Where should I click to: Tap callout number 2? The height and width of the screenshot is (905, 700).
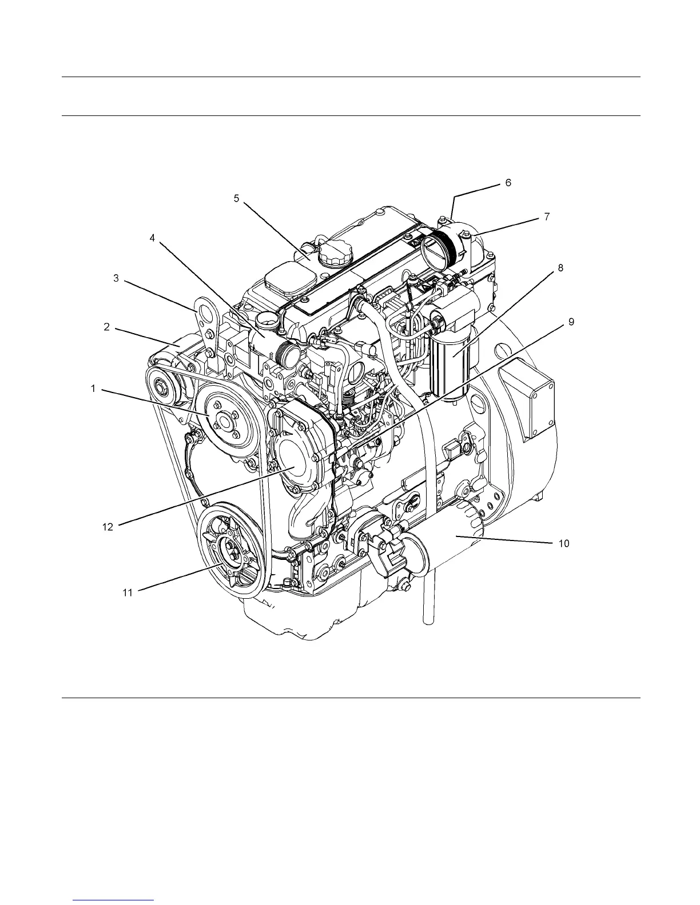106,327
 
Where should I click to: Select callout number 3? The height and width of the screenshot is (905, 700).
116,278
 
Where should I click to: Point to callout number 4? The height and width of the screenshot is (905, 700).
152,238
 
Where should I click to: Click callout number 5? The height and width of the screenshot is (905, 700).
236,198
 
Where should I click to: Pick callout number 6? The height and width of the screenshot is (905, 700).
508,183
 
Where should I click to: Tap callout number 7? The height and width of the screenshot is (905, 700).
547,217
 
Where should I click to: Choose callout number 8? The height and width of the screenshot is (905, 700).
560,267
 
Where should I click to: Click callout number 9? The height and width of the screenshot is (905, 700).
571,322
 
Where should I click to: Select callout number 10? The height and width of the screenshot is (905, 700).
564,543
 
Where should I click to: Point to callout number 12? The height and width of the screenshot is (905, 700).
108,527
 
